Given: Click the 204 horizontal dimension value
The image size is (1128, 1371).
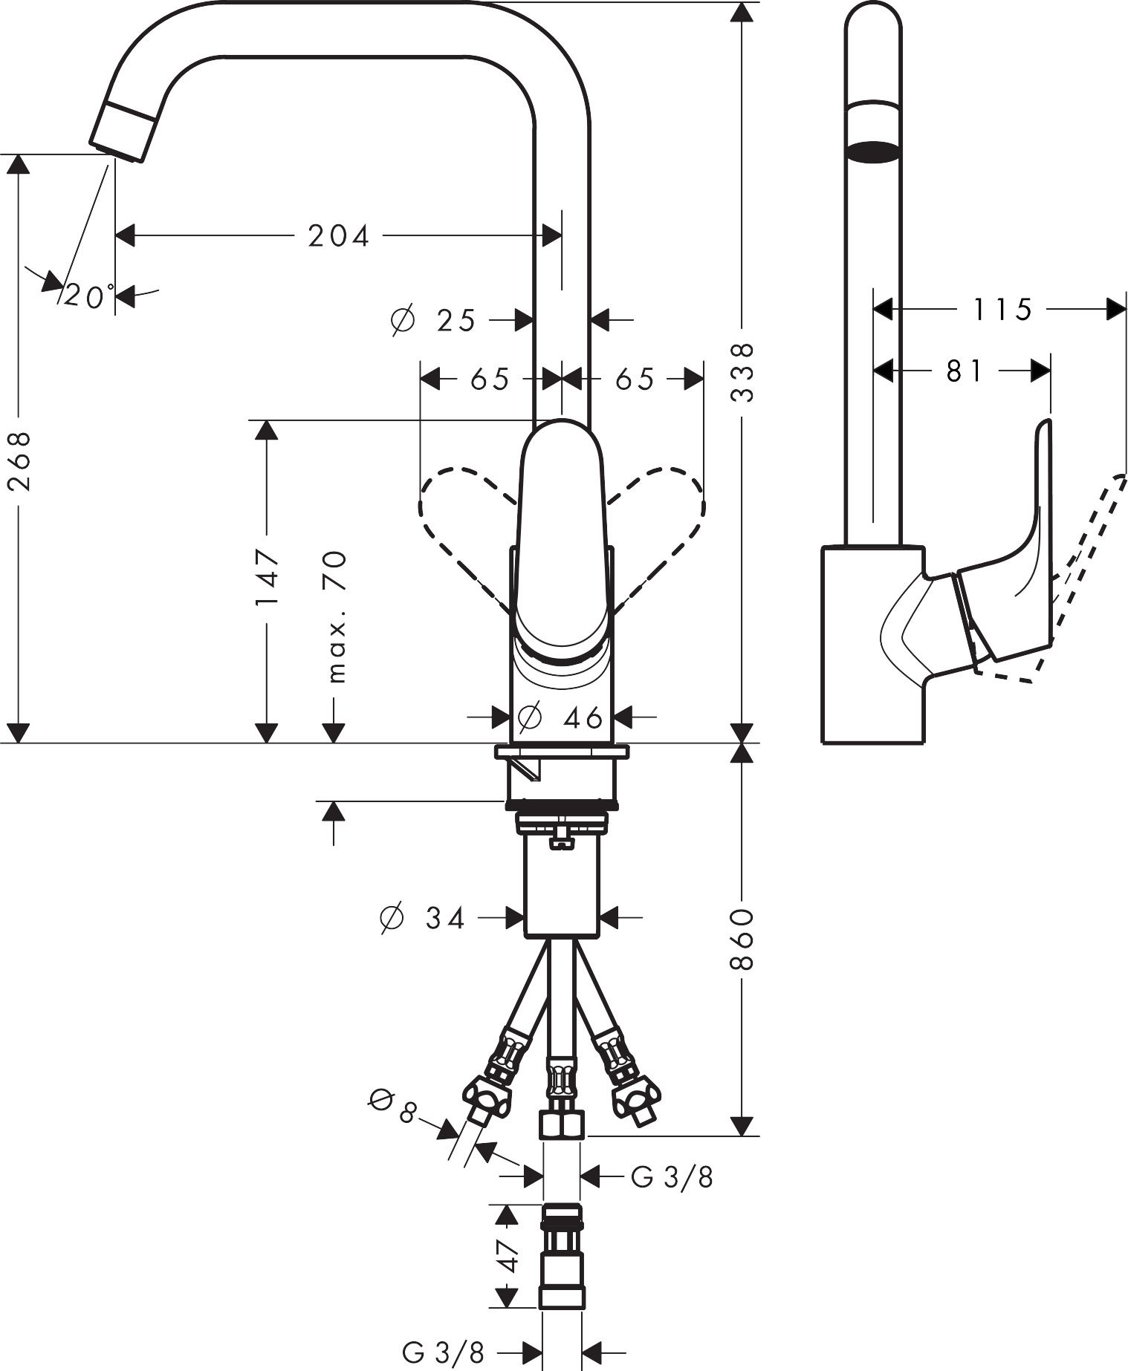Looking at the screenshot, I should [x=339, y=236].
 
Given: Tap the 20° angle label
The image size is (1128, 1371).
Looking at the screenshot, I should [x=88, y=296].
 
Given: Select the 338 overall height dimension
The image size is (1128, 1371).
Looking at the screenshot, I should [x=742, y=373].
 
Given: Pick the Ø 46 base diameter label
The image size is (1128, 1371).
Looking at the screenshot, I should [x=560, y=717].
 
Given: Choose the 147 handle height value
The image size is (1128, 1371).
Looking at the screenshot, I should [x=266, y=577].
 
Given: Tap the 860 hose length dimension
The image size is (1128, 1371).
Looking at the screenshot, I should [x=742, y=939].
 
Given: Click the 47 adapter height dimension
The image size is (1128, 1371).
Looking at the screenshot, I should [x=507, y=1256].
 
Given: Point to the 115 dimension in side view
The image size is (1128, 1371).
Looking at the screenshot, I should [x=1003, y=309].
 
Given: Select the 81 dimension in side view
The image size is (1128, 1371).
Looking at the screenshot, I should [x=965, y=370].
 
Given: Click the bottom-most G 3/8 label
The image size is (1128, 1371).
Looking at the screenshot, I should [x=444, y=1352].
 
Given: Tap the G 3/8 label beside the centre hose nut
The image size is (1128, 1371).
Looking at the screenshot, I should [x=672, y=1176].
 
